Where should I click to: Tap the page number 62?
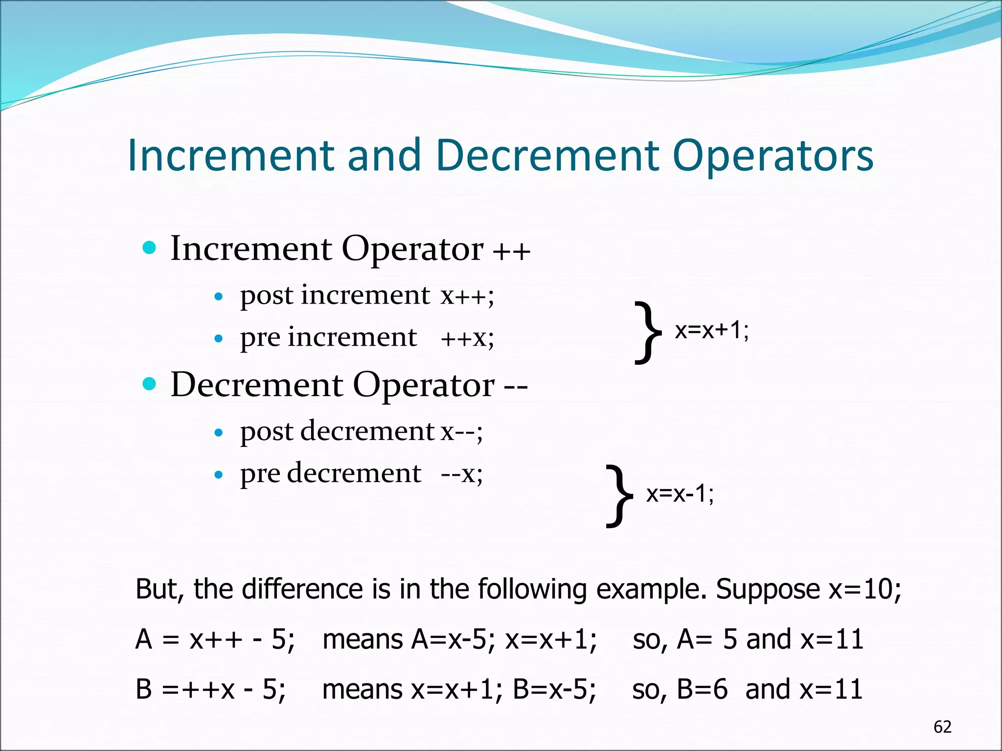click(942, 727)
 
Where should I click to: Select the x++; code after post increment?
click(467, 295)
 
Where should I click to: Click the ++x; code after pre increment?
click(467, 338)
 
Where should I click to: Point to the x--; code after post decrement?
click(461, 431)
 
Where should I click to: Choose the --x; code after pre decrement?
click(461, 473)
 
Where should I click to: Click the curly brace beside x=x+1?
click(648, 332)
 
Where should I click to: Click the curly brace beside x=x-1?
click(619, 496)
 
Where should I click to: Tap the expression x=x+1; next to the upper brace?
click(712, 331)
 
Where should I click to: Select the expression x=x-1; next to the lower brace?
click(680, 494)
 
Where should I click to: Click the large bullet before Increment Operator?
click(149, 247)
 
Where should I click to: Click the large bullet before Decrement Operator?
click(149, 384)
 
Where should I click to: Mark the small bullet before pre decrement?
click(219, 474)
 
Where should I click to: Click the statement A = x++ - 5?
click(215, 640)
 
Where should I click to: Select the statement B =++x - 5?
click(210, 689)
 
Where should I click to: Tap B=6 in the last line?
click(702, 689)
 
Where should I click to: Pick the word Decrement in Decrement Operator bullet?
click(257, 385)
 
